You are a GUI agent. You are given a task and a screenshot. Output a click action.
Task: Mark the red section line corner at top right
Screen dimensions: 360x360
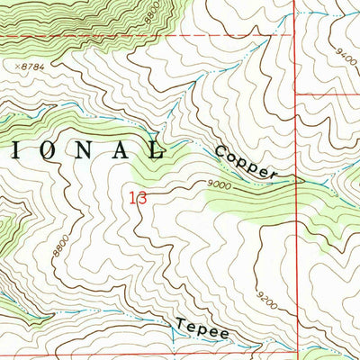coord(294,36)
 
